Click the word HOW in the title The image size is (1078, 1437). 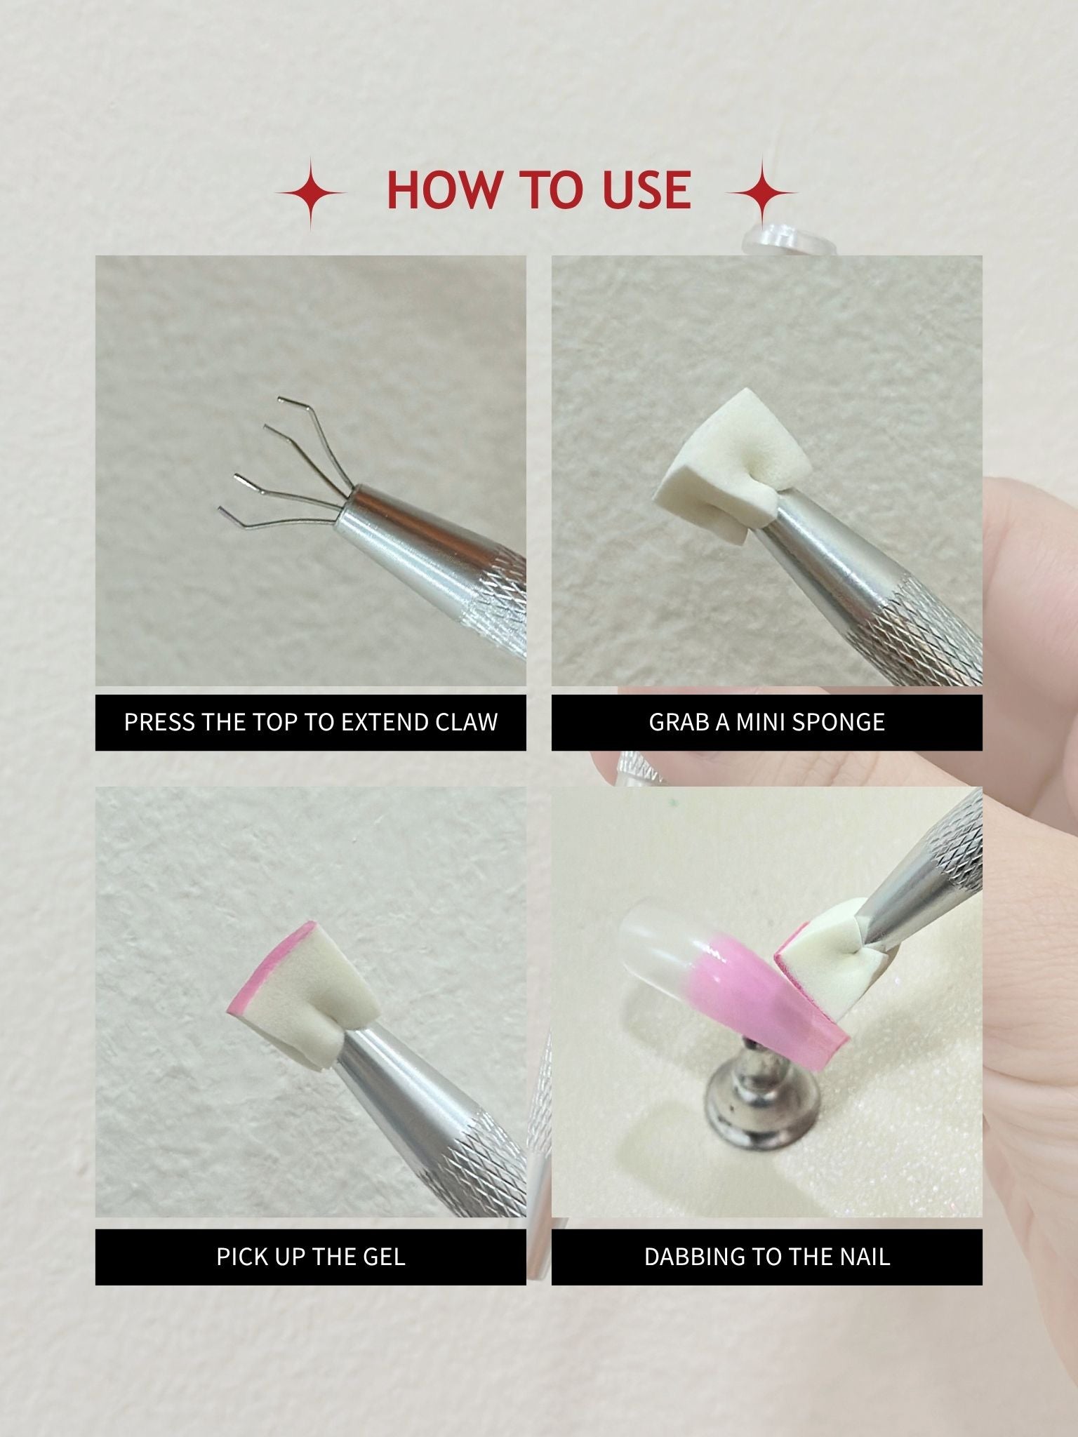click(x=444, y=189)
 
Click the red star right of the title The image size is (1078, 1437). click(x=763, y=193)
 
